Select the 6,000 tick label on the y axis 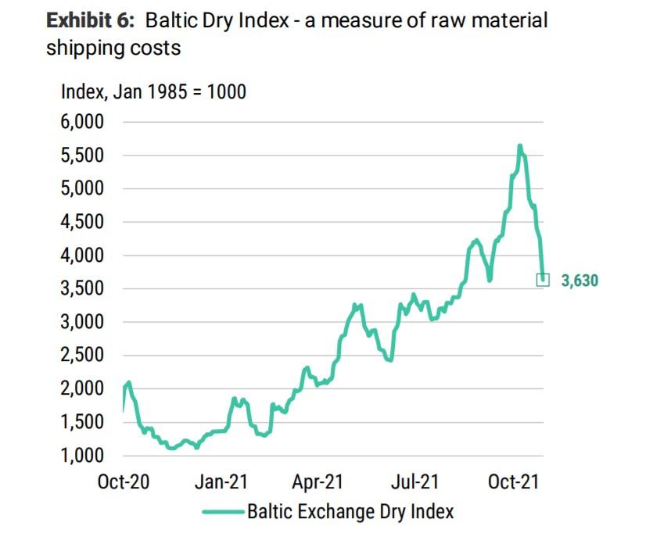(x=82, y=122)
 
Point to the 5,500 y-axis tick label (x=82, y=156)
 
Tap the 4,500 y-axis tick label (x=82, y=222)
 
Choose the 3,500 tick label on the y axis (x=82, y=289)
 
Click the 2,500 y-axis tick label (x=82, y=356)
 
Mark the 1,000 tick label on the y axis (x=82, y=456)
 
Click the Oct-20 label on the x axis (x=124, y=482)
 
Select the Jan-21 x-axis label (x=221, y=482)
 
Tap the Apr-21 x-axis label (x=317, y=482)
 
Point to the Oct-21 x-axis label (x=512, y=482)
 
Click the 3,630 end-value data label (x=579, y=280)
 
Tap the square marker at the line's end (x=542, y=279)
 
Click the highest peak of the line (x=519, y=145)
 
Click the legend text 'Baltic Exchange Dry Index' (x=350, y=512)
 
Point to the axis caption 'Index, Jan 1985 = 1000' (x=153, y=91)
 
